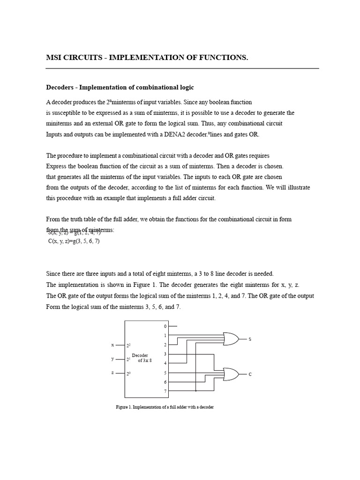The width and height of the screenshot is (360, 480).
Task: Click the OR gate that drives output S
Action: (231, 338)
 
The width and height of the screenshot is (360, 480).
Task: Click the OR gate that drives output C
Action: (231, 374)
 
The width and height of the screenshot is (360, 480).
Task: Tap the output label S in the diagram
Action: (250, 339)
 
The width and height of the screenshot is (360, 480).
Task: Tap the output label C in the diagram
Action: (250, 374)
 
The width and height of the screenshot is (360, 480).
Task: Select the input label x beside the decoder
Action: (112, 345)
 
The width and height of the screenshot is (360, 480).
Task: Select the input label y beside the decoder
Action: (112, 359)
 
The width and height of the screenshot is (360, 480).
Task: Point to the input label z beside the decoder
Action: (112, 373)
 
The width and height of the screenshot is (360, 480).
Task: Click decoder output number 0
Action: (165, 326)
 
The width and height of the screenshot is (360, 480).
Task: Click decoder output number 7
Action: (165, 391)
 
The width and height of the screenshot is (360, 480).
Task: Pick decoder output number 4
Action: (165, 363)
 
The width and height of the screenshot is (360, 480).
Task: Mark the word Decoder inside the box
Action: (140, 355)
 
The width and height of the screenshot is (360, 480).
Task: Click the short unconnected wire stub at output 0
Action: (172, 326)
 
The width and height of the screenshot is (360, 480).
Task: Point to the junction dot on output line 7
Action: (196, 390)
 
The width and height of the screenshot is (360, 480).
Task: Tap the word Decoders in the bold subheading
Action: (60, 88)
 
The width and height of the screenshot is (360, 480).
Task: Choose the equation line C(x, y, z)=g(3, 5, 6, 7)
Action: (74, 241)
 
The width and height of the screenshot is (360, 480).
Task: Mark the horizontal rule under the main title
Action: (182, 68)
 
